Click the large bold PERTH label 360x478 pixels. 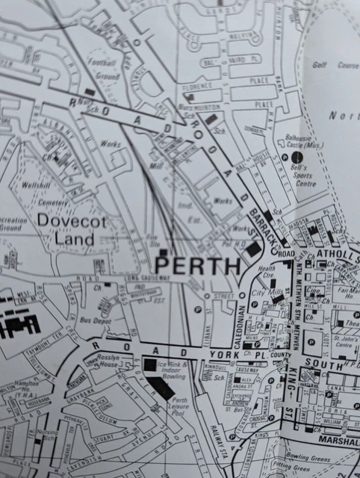(197, 266)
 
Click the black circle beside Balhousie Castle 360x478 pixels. (297, 157)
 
